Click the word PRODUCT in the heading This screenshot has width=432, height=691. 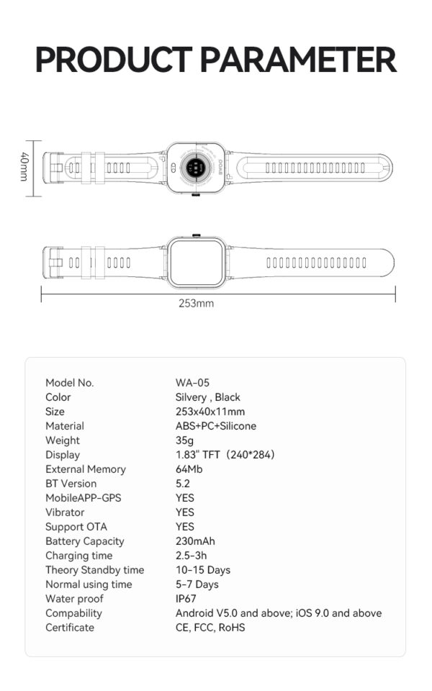[x=114, y=60]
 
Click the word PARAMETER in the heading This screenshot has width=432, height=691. [x=298, y=60]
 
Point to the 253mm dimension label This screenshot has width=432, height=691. [x=196, y=303]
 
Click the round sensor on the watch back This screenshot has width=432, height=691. [x=195, y=168]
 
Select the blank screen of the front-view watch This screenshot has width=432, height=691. [x=196, y=263]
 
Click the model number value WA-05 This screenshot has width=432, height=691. [x=192, y=382]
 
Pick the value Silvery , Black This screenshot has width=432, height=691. [x=207, y=397]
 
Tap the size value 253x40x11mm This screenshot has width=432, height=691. [x=210, y=412]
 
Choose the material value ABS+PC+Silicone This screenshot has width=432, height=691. [x=215, y=425]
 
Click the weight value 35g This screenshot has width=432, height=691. [x=184, y=441]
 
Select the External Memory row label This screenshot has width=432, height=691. [x=86, y=469]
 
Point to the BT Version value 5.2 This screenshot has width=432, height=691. [x=182, y=484]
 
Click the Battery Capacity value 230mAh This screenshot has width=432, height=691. [x=195, y=541]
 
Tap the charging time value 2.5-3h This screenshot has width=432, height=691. [x=191, y=555]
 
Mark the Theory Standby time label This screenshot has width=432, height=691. [x=95, y=570]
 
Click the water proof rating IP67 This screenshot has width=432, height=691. [x=186, y=598]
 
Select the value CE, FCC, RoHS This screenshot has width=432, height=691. [x=210, y=628]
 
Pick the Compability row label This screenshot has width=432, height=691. [x=73, y=613]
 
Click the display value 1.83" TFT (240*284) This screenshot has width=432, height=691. [x=225, y=455]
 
